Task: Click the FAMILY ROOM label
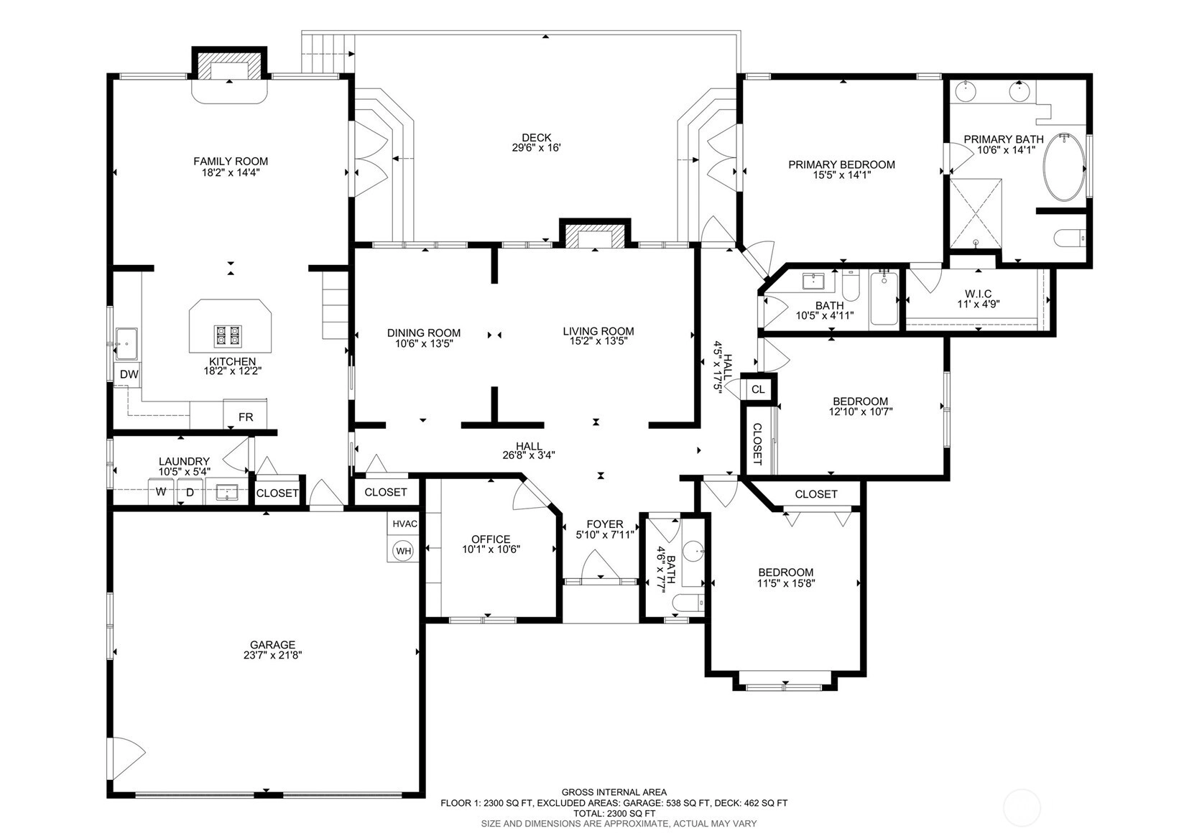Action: tap(231, 161)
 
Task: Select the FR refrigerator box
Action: tap(245, 415)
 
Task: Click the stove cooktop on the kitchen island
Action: tap(228, 335)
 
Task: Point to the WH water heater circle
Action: tap(403, 551)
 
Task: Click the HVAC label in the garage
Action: tap(405, 524)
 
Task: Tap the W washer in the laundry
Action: tap(161, 491)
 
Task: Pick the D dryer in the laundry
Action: tap(190, 491)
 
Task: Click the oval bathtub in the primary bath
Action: tap(1063, 167)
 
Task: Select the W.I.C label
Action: tap(978, 293)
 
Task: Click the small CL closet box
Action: tap(758, 389)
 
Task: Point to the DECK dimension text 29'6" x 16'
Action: tap(536, 148)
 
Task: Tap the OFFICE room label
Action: tap(491, 539)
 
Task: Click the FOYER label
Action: tap(605, 524)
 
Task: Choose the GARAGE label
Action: tap(272, 645)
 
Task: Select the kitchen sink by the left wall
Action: tap(127, 343)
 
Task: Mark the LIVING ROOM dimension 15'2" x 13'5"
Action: tap(598, 341)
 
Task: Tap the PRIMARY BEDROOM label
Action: tap(841, 164)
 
